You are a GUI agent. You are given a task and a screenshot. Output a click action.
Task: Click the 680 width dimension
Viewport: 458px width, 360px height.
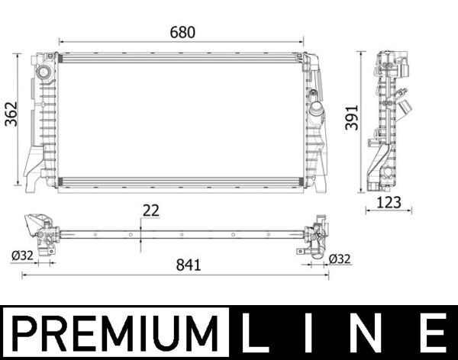tap(182, 32)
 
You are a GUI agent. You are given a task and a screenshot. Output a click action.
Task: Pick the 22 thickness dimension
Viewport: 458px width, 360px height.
tap(152, 211)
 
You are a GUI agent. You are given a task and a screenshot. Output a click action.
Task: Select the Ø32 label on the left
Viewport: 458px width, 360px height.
tap(23, 257)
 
